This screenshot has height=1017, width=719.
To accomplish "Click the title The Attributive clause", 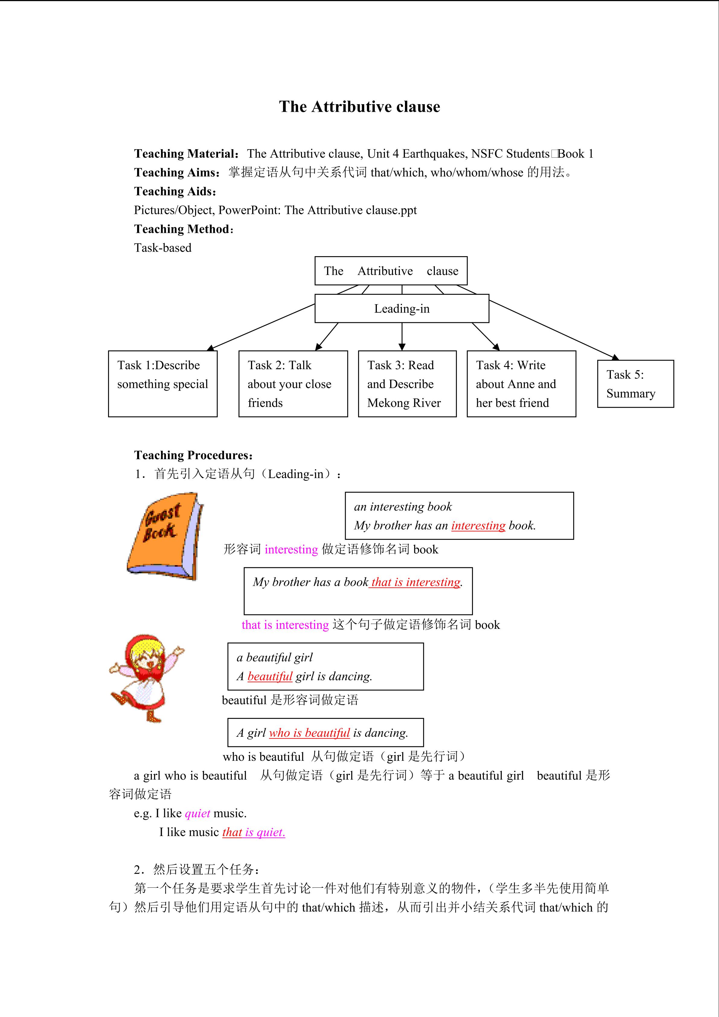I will [x=359, y=107].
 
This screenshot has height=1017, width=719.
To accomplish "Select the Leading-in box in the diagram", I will [x=402, y=309].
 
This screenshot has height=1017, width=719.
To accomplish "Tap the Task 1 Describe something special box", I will [x=162, y=384].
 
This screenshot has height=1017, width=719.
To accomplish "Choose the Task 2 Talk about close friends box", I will [x=293, y=384].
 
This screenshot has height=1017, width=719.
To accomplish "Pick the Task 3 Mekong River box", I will [x=407, y=384].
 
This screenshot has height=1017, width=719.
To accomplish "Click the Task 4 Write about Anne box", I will [x=521, y=384].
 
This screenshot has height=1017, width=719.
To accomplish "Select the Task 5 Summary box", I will [x=635, y=384].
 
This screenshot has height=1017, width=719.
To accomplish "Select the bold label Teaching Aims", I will [x=177, y=172].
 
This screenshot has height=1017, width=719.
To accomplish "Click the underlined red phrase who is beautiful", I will [x=309, y=733].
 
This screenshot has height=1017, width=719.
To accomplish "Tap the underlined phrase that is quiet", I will [x=253, y=832].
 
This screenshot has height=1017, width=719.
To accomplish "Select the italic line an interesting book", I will [x=403, y=507].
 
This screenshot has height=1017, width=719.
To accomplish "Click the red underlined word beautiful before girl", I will [x=270, y=676].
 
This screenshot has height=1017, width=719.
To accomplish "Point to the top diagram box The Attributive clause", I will [x=391, y=271].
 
